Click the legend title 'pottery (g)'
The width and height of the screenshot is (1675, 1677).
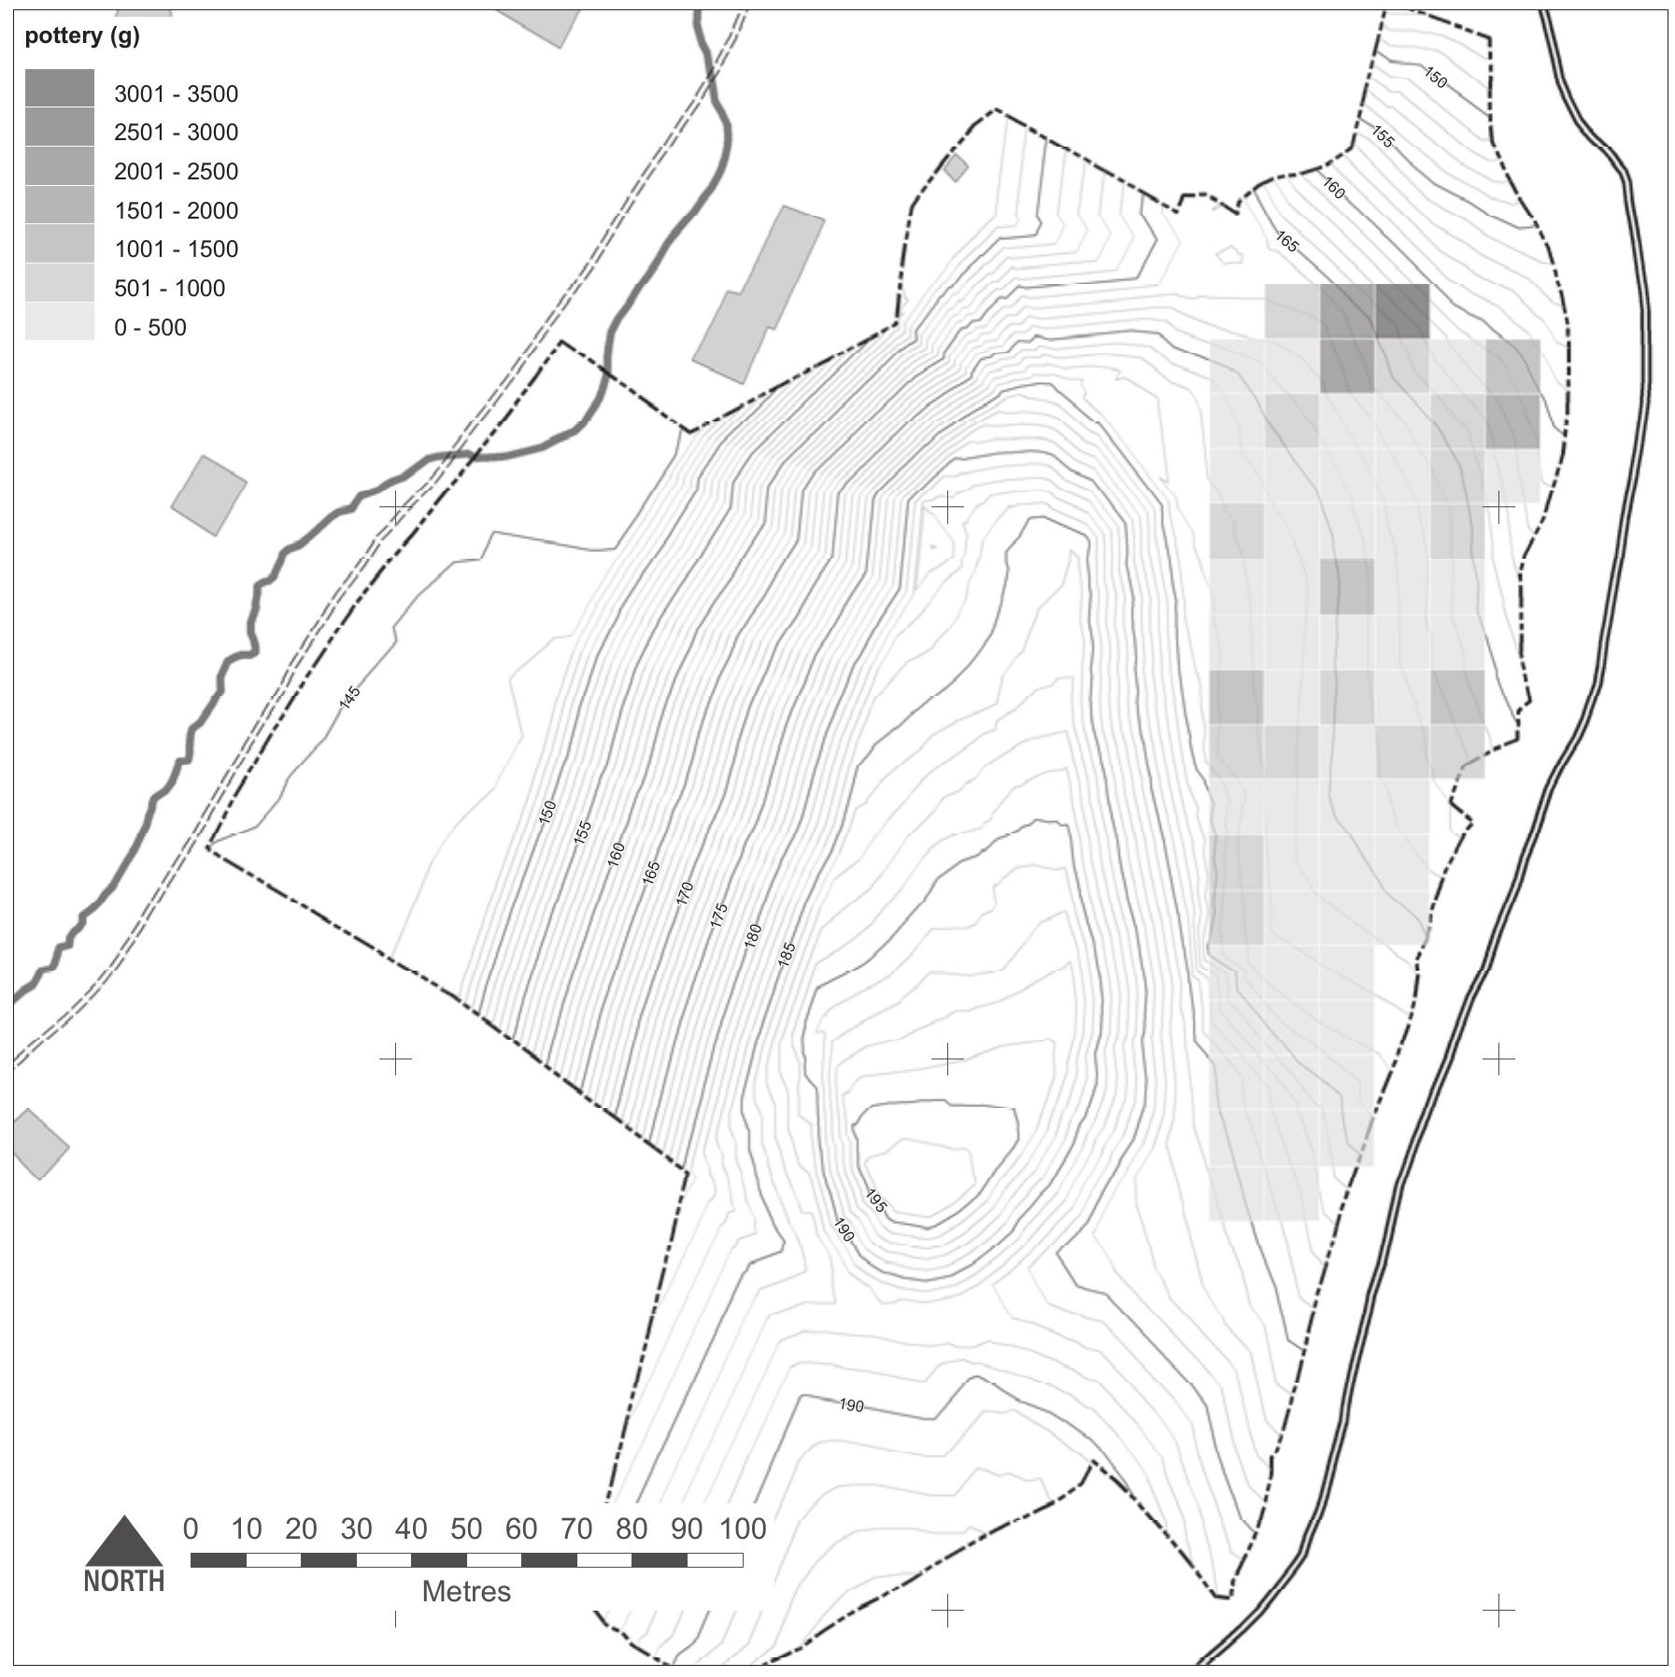pyautogui.click(x=81, y=36)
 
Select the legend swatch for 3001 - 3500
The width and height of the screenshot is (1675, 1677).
pyautogui.click(x=59, y=88)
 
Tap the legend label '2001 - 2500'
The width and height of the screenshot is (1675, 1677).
pyautogui.click(x=176, y=172)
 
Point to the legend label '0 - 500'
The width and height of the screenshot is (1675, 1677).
pyautogui.click(x=149, y=328)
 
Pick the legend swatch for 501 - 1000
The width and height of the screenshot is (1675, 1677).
pyautogui.click(x=59, y=282)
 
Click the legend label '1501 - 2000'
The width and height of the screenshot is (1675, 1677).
pyautogui.click(x=176, y=211)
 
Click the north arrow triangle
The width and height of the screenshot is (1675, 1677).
pyautogui.click(x=124, y=1543)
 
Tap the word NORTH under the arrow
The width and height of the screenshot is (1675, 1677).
pyautogui.click(x=124, y=1581)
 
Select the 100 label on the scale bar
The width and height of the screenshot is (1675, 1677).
pyautogui.click(x=742, y=1528)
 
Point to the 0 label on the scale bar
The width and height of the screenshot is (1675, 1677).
pyautogui.click(x=191, y=1528)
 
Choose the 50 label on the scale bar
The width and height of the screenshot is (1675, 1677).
pyautogui.click(x=466, y=1528)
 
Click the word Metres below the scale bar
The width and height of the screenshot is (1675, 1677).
pyautogui.click(x=466, y=1591)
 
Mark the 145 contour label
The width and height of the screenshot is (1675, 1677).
pyautogui.click(x=349, y=697)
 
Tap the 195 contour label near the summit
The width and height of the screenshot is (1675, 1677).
pyautogui.click(x=875, y=1201)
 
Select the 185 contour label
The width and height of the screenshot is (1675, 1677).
pyautogui.click(x=786, y=954)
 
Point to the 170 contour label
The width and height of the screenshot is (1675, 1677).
pyautogui.click(x=684, y=893)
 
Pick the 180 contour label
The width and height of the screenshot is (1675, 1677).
pyautogui.click(x=752, y=935)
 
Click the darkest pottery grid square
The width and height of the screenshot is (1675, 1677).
pyautogui.click(x=1402, y=310)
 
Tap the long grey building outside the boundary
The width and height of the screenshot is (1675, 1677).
pyautogui.click(x=759, y=293)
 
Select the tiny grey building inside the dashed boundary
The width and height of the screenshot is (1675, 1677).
pyautogui.click(x=956, y=168)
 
